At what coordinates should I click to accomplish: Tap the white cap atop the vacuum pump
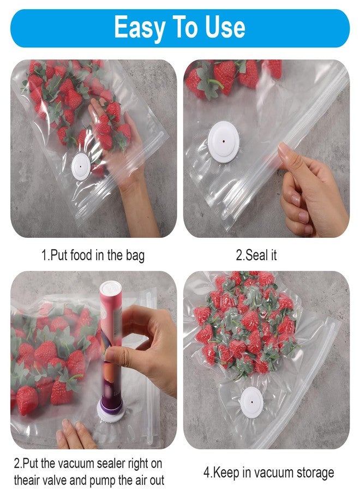point(110,287)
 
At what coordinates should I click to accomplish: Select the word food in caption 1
point(82,255)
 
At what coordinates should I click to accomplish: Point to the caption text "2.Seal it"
point(256,255)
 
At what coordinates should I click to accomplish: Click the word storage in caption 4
point(313,473)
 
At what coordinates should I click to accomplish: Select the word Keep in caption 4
point(225,473)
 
